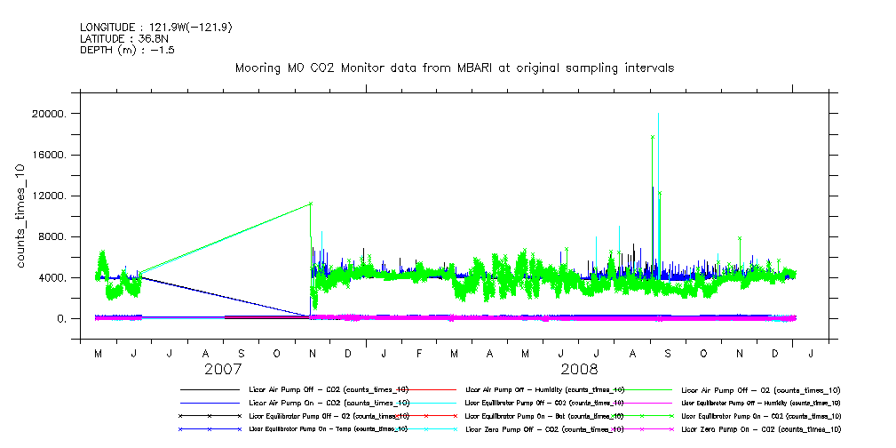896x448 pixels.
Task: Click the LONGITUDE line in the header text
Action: click(x=155, y=28)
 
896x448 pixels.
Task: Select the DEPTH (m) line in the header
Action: click(x=127, y=51)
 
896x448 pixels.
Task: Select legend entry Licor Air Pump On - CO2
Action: click(x=329, y=403)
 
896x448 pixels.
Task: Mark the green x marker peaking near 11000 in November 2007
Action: click(x=311, y=204)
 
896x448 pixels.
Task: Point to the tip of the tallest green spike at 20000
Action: click(x=658, y=114)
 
